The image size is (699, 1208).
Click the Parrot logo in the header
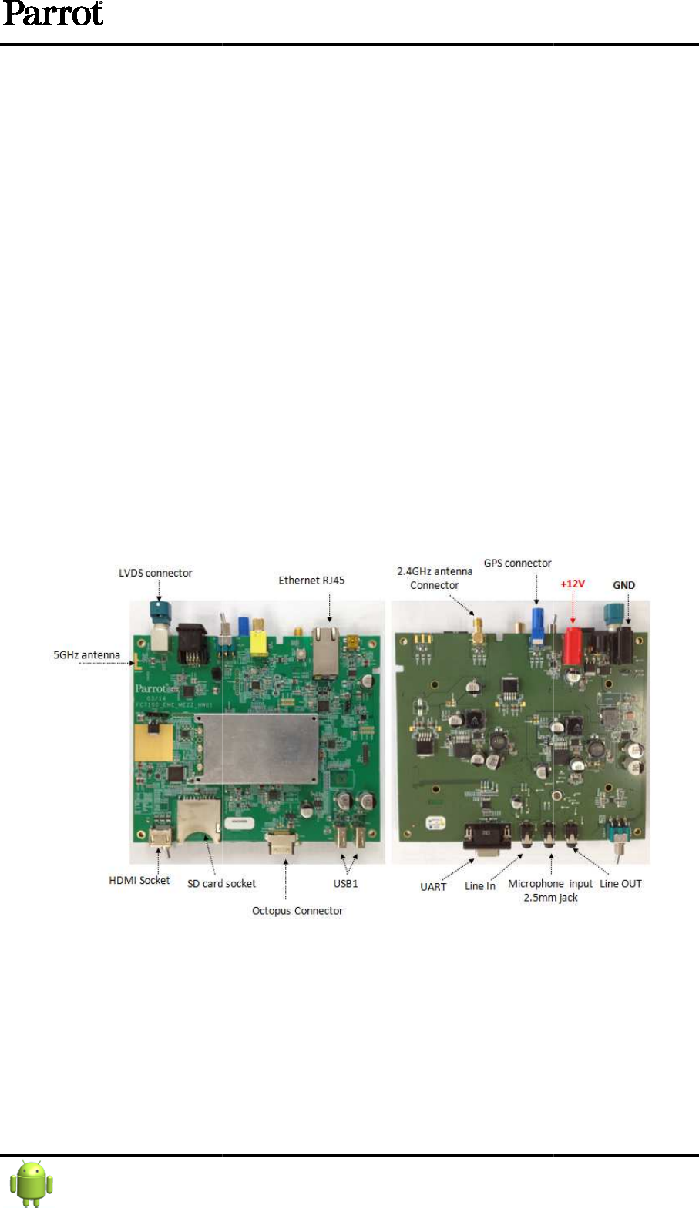pos(52,15)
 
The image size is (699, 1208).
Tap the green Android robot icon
pos(32,1183)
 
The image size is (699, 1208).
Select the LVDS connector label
pos(155,573)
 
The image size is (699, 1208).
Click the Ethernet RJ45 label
pos(311,581)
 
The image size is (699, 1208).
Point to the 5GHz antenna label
pos(86,655)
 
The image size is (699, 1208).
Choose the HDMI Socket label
pos(139,880)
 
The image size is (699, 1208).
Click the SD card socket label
pos(221,884)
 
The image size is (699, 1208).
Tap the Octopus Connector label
pos(297,911)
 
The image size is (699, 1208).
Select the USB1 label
pos(345,884)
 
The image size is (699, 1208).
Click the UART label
pos(433,887)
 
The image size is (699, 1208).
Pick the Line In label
pos(479,886)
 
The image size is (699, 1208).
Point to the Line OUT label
pos(620,884)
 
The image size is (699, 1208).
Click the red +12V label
pos(573,584)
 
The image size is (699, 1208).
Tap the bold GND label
pos(623,585)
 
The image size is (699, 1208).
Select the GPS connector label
pos(517,564)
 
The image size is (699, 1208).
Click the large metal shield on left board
pos(257,748)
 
